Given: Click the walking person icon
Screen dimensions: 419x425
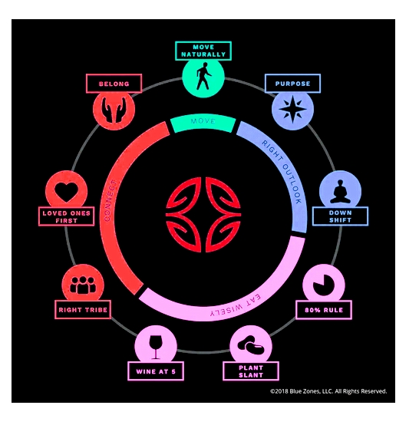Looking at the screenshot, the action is [203, 76].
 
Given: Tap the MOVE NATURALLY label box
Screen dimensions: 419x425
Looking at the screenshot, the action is [203, 51].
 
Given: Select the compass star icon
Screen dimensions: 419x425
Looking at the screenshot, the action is [293, 109].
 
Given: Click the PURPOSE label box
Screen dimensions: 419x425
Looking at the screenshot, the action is [292, 84].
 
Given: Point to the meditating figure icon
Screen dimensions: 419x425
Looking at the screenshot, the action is [340, 191].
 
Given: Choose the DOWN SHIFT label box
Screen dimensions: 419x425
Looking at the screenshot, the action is [341, 216].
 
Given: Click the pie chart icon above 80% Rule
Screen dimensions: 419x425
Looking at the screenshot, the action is [324, 285].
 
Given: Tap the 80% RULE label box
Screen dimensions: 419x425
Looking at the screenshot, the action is [324, 310].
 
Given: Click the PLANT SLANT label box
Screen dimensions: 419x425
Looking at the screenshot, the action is [251, 371].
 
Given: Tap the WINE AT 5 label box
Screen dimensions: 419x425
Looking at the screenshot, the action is [156, 371].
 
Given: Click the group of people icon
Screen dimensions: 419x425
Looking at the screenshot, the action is [83, 285].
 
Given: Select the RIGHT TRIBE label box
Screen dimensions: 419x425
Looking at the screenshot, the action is [83, 309].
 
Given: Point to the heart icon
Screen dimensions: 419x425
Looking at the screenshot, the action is [67, 192].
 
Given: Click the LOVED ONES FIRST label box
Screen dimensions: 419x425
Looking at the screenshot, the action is [67, 216].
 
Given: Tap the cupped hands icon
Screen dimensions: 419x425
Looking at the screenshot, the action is [114, 109].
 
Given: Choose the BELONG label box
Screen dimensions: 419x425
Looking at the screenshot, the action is [114, 84].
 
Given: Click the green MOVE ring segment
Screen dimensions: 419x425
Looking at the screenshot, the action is [203, 123].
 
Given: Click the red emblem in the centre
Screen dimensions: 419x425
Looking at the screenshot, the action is [203, 215].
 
